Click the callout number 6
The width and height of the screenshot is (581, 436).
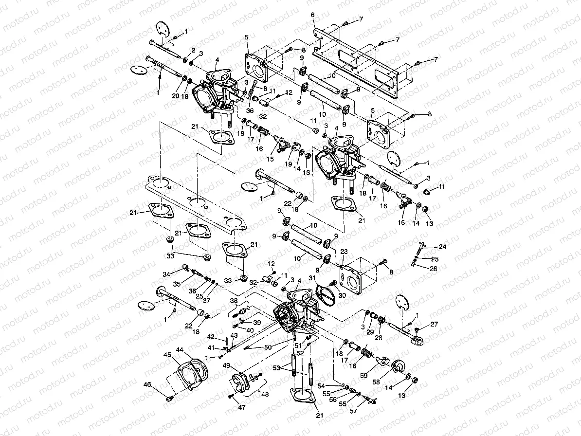(x=313, y=15)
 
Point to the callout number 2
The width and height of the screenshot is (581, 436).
(x=193, y=50)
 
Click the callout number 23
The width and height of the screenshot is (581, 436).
(x=344, y=252)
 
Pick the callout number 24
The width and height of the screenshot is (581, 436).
(x=442, y=247)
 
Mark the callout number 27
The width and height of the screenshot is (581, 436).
(x=434, y=324)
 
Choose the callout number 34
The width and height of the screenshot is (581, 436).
(x=166, y=274)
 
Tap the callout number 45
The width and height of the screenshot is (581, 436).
(x=167, y=355)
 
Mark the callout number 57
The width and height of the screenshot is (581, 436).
(x=354, y=411)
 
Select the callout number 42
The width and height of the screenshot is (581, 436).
(x=211, y=337)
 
